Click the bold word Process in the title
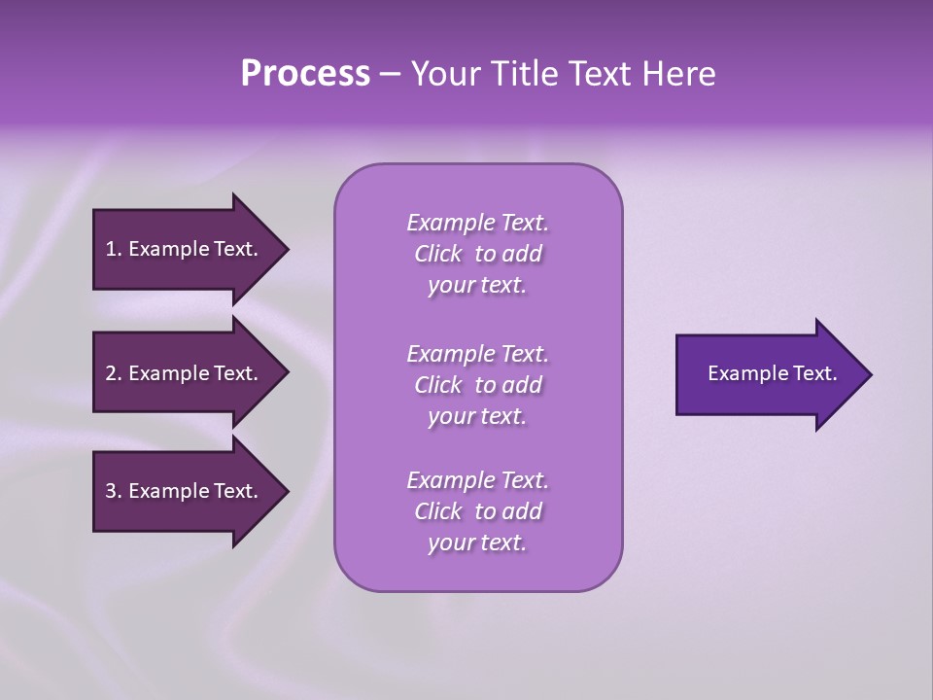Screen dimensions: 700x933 pyautogui.click(x=305, y=74)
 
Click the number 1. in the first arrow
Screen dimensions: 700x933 pyautogui.click(x=113, y=249)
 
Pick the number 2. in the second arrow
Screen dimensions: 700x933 pyautogui.click(x=113, y=373)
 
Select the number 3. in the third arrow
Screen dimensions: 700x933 pyautogui.click(x=113, y=491)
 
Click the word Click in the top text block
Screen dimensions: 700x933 pyautogui.click(x=438, y=255)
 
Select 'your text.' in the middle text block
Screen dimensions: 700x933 pyautogui.click(x=477, y=416)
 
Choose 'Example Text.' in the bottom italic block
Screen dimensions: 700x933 pyautogui.click(x=477, y=480)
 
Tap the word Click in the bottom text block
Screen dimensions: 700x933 pyautogui.click(x=438, y=511)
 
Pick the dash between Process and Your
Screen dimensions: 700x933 pyautogui.click(x=390, y=75)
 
